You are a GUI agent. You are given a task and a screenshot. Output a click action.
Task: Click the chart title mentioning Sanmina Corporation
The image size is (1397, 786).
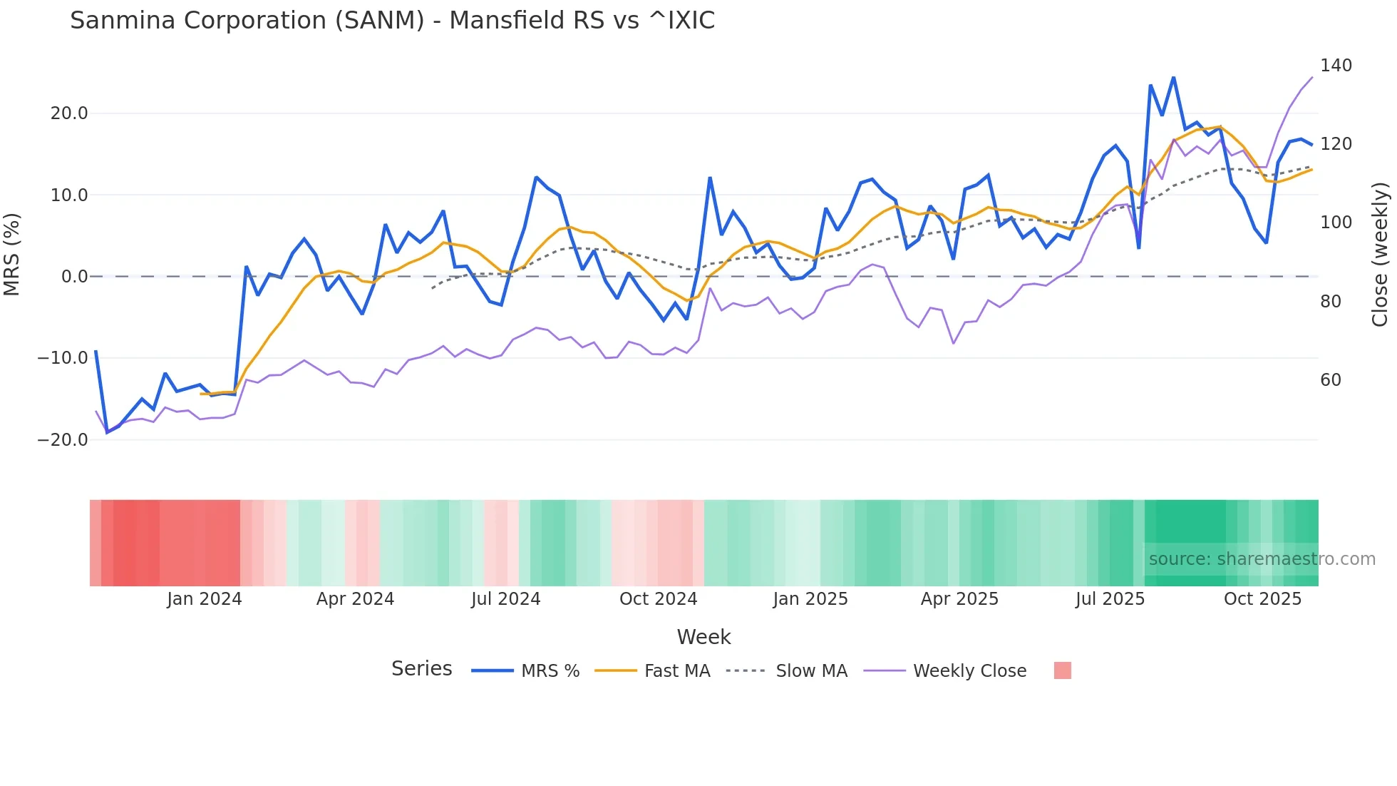click(392, 21)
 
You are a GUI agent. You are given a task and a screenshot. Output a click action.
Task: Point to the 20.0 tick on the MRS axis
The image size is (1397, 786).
click(69, 113)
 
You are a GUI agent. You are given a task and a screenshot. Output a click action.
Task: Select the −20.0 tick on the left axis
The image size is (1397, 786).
click(63, 440)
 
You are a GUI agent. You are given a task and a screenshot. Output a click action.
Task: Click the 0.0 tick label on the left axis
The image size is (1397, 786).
click(74, 277)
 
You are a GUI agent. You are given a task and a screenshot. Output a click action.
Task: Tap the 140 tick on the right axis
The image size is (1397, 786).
click(1336, 66)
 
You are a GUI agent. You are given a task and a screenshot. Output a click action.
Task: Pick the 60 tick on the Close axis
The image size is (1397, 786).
click(1330, 380)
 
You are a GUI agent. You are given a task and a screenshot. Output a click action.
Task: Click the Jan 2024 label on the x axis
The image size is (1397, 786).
click(205, 599)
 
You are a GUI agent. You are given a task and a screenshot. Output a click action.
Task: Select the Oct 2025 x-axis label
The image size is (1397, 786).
click(1262, 599)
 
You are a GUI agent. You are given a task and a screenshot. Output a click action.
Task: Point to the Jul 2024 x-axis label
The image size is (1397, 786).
click(505, 599)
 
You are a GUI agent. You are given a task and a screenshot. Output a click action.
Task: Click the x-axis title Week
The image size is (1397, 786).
click(703, 637)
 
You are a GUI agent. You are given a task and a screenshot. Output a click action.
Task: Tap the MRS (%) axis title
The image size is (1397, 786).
click(12, 255)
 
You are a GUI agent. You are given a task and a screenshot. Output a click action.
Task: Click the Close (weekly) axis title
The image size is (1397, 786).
click(1380, 255)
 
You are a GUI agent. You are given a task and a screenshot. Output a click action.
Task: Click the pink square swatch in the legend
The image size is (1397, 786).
click(1062, 670)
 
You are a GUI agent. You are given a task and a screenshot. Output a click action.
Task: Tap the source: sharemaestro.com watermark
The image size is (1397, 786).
click(1262, 559)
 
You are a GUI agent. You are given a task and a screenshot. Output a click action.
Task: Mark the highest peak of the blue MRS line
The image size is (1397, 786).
click(1173, 78)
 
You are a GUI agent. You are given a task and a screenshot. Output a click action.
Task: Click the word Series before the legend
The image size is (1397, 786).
click(421, 669)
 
